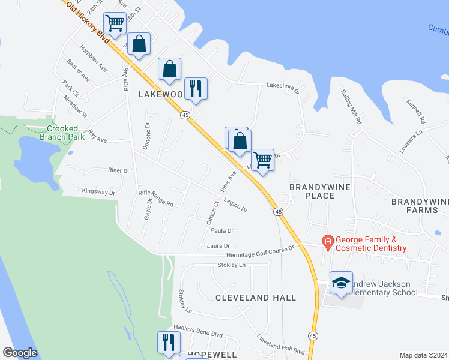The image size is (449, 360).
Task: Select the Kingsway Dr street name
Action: click(98, 192)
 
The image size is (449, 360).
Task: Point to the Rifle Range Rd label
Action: click(155, 199)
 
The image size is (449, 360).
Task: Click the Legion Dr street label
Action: click(235, 205)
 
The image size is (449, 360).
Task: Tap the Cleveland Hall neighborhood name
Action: click(255, 298)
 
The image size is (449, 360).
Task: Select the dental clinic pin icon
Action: click(328, 243)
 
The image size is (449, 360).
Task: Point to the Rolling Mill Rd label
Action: click(351, 107)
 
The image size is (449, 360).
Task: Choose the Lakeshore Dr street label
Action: click(283, 87)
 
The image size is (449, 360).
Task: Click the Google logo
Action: click(20, 353)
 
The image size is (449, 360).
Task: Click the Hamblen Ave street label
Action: click(93, 59)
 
